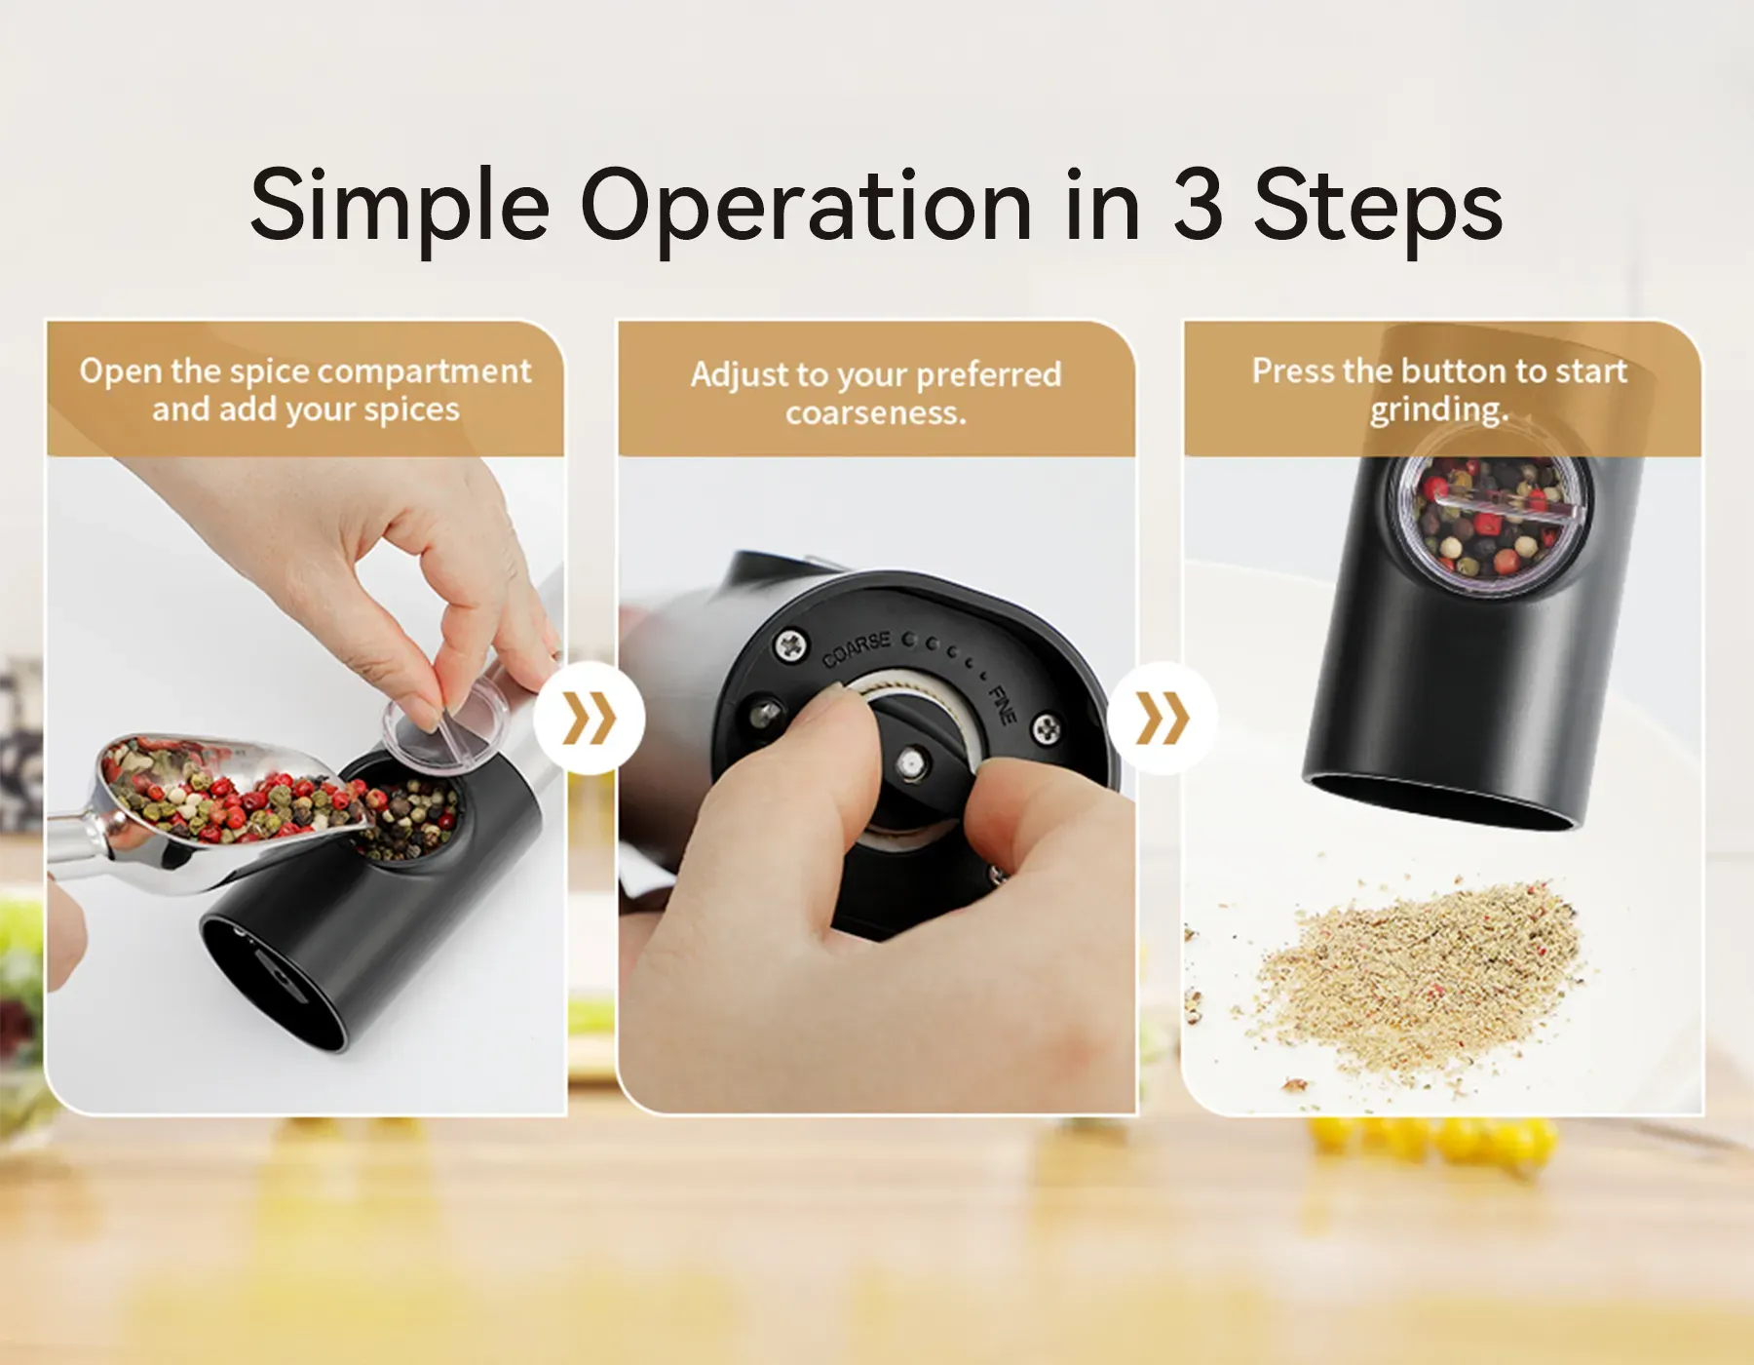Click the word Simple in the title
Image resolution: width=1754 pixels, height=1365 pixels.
point(400,208)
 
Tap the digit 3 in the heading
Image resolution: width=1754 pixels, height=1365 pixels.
point(1198,204)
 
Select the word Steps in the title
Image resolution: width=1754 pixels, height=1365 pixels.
point(1378,208)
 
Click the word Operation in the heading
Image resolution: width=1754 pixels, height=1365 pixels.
point(806,208)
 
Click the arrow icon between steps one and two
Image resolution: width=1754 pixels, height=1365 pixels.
point(590,719)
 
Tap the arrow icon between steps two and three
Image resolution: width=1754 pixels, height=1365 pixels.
point(1163,719)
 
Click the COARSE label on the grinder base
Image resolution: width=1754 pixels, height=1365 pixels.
point(857,649)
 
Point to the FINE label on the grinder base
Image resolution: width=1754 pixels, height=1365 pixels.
point(1003,705)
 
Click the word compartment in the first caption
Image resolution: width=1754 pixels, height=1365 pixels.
point(425,371)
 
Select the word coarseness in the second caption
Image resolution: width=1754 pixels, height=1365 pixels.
point(876,413)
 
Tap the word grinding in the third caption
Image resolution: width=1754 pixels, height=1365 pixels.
point(1439,409)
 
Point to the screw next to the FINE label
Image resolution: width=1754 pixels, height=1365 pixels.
point(1047,727)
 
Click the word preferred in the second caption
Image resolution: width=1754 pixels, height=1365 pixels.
point(988,375)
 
